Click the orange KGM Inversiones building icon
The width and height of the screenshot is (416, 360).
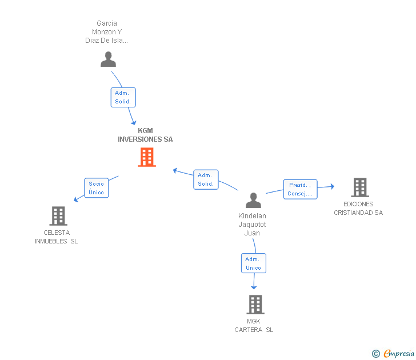tap(147, 157)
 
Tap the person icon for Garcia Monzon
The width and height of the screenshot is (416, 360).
tap(108, 59)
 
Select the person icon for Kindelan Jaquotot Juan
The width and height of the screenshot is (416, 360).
tap(253, 200)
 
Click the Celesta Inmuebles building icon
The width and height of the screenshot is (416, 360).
tap(58, 215)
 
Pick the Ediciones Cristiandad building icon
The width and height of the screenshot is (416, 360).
tap(359, 187)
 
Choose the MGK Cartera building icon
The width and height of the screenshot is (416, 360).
tap(255, 305)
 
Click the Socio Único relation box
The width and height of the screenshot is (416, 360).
tap(96, 188)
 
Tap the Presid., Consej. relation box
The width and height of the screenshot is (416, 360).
tap(300, 189)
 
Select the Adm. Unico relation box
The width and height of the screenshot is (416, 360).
tap(253, 263)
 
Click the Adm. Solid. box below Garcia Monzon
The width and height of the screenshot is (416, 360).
tap(123, 97)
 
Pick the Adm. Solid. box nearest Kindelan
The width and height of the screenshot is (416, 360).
tap(206, 179)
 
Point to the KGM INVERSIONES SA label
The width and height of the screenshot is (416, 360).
tap(145, 135)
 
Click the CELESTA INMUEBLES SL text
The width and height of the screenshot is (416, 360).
tap(56, 237)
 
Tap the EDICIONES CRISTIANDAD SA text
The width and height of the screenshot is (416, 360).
tap(358, 208)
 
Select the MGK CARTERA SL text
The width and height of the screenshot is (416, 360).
tap(254, 325)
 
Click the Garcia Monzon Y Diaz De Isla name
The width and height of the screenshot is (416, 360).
tap(107, 32)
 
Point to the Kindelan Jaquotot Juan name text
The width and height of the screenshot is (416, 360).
tap(252, 224)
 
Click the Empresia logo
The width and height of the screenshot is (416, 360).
tap(399, 353)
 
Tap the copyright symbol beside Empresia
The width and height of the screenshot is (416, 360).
tap(376, 354)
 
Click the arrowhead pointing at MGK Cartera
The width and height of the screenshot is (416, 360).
tap(254, 286)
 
